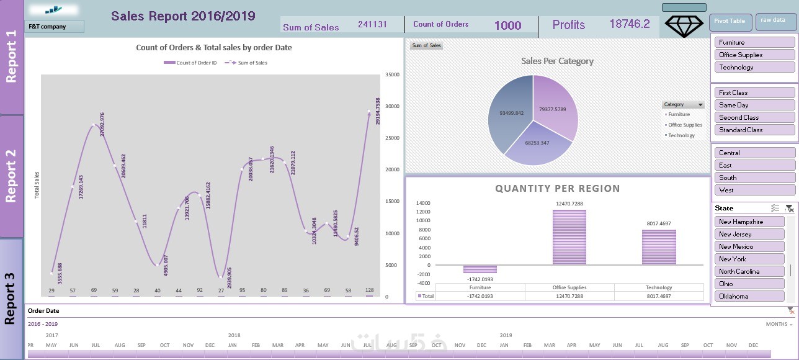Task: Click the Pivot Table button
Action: [730, 22]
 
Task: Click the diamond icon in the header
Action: [684, 25]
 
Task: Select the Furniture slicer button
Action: [754, 43]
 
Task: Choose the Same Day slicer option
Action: [754, 106]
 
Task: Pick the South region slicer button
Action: [754, 178]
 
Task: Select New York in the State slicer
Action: [749, 259]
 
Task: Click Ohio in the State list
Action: [749, 284]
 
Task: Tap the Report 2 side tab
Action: [11, 176]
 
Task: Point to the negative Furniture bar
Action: [480, 269]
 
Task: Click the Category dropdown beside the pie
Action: [683, 105]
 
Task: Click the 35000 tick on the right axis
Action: [392, 74]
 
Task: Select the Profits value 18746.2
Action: [630, 24]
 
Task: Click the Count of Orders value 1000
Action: [507, 25]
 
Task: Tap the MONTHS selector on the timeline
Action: [779, 325]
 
